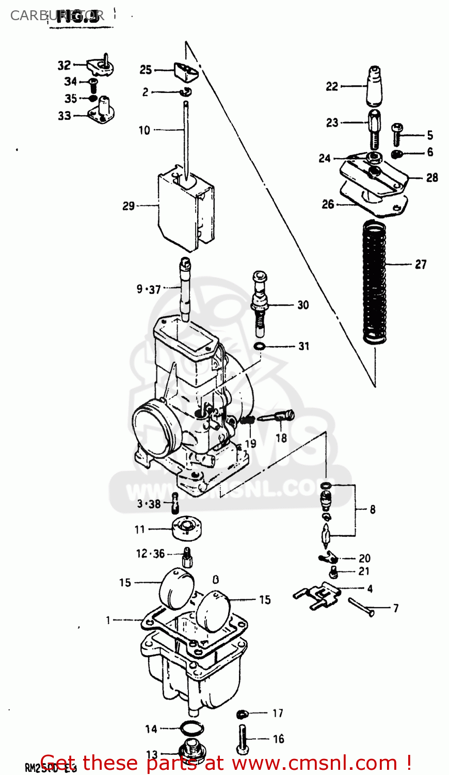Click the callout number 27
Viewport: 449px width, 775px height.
pos(421,265)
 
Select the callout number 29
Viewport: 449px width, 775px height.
pos(129,206)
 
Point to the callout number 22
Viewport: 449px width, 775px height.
pos(332,86)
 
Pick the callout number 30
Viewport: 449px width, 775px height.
pos(303,305)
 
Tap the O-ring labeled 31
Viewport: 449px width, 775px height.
pos(261,345)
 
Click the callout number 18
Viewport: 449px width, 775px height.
pos(281,438)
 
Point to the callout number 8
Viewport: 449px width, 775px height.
pos(373,509)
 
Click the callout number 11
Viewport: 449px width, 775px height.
pos(140,530)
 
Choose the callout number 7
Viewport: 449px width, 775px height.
pos(396,608)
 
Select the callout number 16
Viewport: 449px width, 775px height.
pos(279,739)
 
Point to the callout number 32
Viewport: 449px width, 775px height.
pos(64,66)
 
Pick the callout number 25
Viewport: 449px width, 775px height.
pos(146,70)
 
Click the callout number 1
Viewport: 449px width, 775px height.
pos(108,620)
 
